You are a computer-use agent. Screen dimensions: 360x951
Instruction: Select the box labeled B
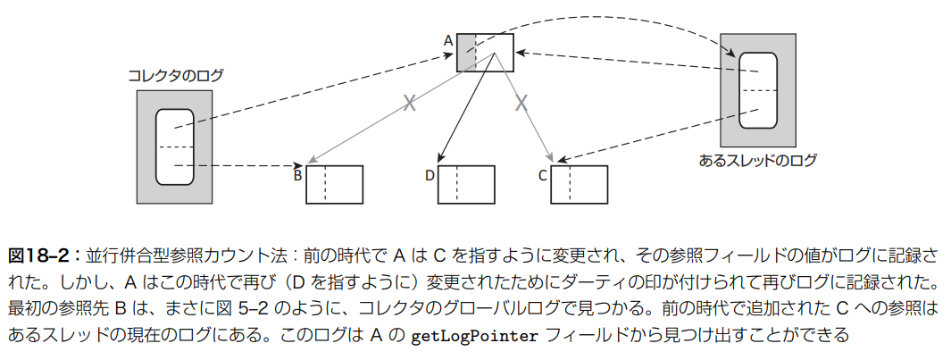pos(335,185)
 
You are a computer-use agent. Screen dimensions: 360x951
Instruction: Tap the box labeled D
pos(466,185)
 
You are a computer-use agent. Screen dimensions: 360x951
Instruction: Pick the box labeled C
pos(579,185)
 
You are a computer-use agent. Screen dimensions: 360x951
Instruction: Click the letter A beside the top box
pos(448,39)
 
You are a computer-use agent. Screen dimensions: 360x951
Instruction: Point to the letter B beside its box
pos(298,175)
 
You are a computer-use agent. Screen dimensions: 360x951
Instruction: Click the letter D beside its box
pos(430,175)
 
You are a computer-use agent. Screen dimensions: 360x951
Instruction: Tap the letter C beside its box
pos(542,175)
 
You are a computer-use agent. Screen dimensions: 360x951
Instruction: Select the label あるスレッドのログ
pos(758,162)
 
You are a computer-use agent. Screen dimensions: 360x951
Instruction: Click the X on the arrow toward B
pos(410,103)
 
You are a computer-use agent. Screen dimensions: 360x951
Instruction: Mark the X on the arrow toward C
pos(521,103)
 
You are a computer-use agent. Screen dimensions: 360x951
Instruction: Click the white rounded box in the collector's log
pos(174,147)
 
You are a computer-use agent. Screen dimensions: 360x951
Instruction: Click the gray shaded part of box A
pos(466,52)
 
